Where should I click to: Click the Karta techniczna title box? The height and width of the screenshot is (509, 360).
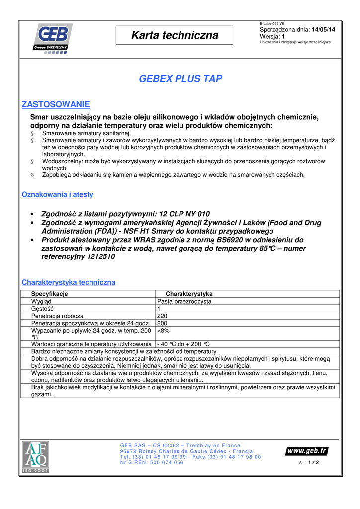pos(175,35)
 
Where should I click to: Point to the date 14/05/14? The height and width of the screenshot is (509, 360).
pos(323,30)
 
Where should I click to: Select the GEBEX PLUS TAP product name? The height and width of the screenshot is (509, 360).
pos(180,79)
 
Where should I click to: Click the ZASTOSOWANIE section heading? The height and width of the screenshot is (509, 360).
pos(56,104)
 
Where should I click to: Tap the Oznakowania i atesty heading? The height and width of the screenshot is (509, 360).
pos(58,195)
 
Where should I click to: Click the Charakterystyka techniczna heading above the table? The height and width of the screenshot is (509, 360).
pos(69,282)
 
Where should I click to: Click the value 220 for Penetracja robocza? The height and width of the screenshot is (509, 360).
pos(162,316)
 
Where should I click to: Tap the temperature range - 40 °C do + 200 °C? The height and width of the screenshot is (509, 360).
pos(183,344)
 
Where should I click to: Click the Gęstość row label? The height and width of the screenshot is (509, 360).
pos(42,309)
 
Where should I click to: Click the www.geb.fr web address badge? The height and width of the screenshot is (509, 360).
pos(307,451)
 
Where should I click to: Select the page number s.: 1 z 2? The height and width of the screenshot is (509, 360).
pos(309,462)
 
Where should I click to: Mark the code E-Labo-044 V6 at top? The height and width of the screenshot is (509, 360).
pos(272,24)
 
